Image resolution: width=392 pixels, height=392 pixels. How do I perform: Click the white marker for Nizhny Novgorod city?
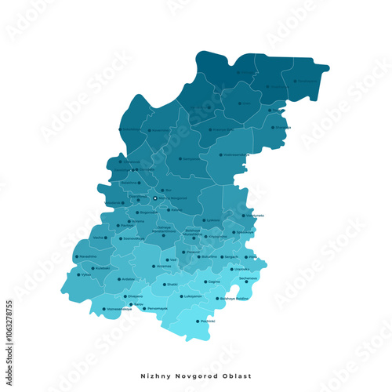154,198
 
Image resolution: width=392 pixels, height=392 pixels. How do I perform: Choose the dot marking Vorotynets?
243,215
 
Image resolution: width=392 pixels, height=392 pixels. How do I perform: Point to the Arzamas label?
163,266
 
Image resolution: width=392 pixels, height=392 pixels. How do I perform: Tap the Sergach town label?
231,256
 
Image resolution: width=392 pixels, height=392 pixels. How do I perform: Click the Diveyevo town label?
136,296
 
